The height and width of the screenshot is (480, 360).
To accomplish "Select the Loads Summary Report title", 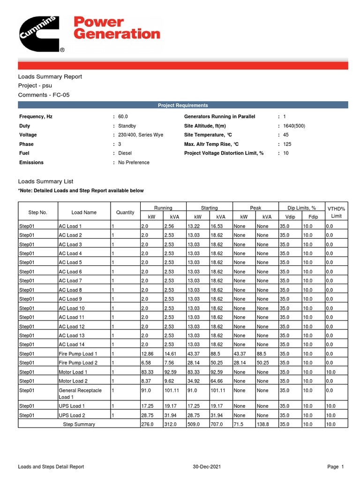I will pos(50,76).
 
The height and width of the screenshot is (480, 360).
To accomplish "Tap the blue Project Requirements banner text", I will pos(183,105).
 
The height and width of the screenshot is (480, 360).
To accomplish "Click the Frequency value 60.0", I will pos(123,116).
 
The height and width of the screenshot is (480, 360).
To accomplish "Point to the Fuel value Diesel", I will pos(125,153).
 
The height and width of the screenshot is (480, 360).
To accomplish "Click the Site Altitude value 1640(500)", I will pos(294,126).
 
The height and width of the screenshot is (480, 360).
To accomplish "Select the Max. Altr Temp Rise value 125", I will pos(287,144).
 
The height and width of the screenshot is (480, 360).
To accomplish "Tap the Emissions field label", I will pos(31,163).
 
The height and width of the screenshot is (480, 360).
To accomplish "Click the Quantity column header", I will pos(125,212).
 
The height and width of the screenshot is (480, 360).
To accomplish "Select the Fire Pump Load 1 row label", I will pos(78,354).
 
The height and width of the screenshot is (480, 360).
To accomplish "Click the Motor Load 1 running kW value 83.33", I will pos(148,372).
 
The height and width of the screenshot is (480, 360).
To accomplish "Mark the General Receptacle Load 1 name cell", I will pos(80,393).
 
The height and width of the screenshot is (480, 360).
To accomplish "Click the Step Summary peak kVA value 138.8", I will pos(263,424).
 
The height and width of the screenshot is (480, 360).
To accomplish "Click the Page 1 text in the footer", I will pos(336,467).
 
